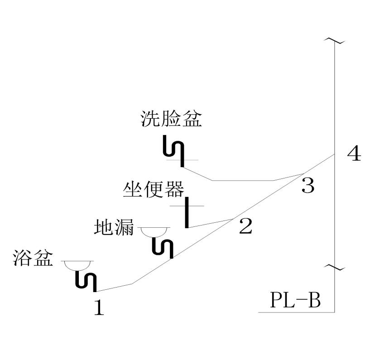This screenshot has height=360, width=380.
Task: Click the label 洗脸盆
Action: (x=171, y=119)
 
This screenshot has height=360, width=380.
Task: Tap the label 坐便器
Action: (x=153, y=189)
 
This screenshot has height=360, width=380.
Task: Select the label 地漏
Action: (x=114, y=227)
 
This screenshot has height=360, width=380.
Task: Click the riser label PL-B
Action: (x=295, y=300)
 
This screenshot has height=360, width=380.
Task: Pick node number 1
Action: (x=99, y=308)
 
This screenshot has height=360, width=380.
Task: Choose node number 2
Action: (x=245, y=226)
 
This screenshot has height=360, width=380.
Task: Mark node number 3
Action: (x=308, y=185)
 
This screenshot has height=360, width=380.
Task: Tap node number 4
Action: (x=354, y=154)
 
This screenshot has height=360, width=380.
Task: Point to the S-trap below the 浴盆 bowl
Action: (x=86, y=280)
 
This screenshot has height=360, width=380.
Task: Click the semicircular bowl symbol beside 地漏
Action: (x=154, y=231)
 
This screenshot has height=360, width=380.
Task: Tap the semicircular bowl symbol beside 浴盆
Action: (x=77, y=265)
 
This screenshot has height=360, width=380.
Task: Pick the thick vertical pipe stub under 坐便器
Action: (x=187, y=212)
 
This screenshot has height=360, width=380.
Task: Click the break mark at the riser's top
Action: (x=335, y=41)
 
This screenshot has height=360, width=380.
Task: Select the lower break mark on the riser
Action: (x=335, y=268)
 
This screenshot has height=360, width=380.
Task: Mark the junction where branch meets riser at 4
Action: (x=335, y=154)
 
